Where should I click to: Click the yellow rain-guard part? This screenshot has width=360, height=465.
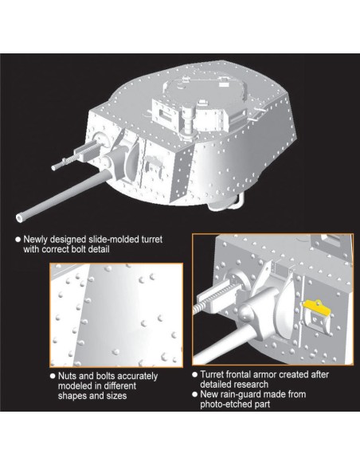point(316,307)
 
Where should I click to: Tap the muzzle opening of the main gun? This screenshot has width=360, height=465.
point(20,218)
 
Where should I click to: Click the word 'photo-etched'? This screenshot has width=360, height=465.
point(225,404)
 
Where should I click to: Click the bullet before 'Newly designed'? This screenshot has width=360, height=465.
point(18,240)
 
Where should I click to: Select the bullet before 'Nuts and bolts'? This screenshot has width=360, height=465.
point(53,376)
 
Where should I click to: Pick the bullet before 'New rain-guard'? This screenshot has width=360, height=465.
point(195,394)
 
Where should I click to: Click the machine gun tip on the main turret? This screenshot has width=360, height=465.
point(54,168)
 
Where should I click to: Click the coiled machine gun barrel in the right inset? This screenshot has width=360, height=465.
point(202,306)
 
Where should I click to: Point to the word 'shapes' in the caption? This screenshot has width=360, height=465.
point(70,396)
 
